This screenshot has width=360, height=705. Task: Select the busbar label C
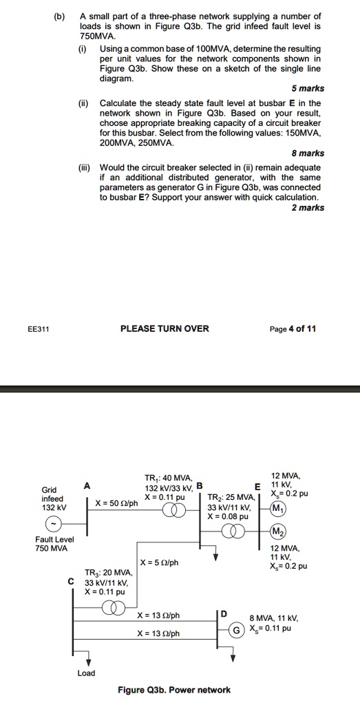71,580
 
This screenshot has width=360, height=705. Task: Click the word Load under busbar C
86,673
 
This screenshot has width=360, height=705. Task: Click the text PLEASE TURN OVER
165,328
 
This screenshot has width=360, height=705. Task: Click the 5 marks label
308,88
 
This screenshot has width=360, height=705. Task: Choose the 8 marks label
308,154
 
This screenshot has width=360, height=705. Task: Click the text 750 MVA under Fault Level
51,548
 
